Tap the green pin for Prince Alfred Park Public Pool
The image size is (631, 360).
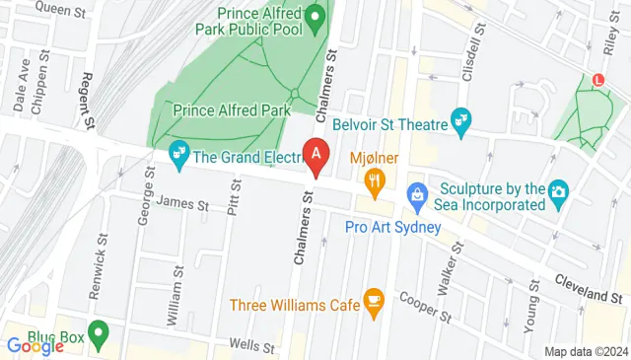pyautogui.click(x=315, y=17)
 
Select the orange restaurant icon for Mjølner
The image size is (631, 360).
pyautogui.click(x=374, y=180)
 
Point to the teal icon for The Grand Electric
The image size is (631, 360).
pyautogui.click(x=178, y=153)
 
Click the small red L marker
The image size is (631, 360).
pyautogui.click(x=597, y=79)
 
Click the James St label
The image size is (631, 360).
pyautogui.click(x=182, y=205)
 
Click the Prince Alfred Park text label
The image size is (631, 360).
pyautogui.click(x=232, y=110)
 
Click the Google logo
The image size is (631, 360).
pyautogui.click(x=35, y=345)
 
